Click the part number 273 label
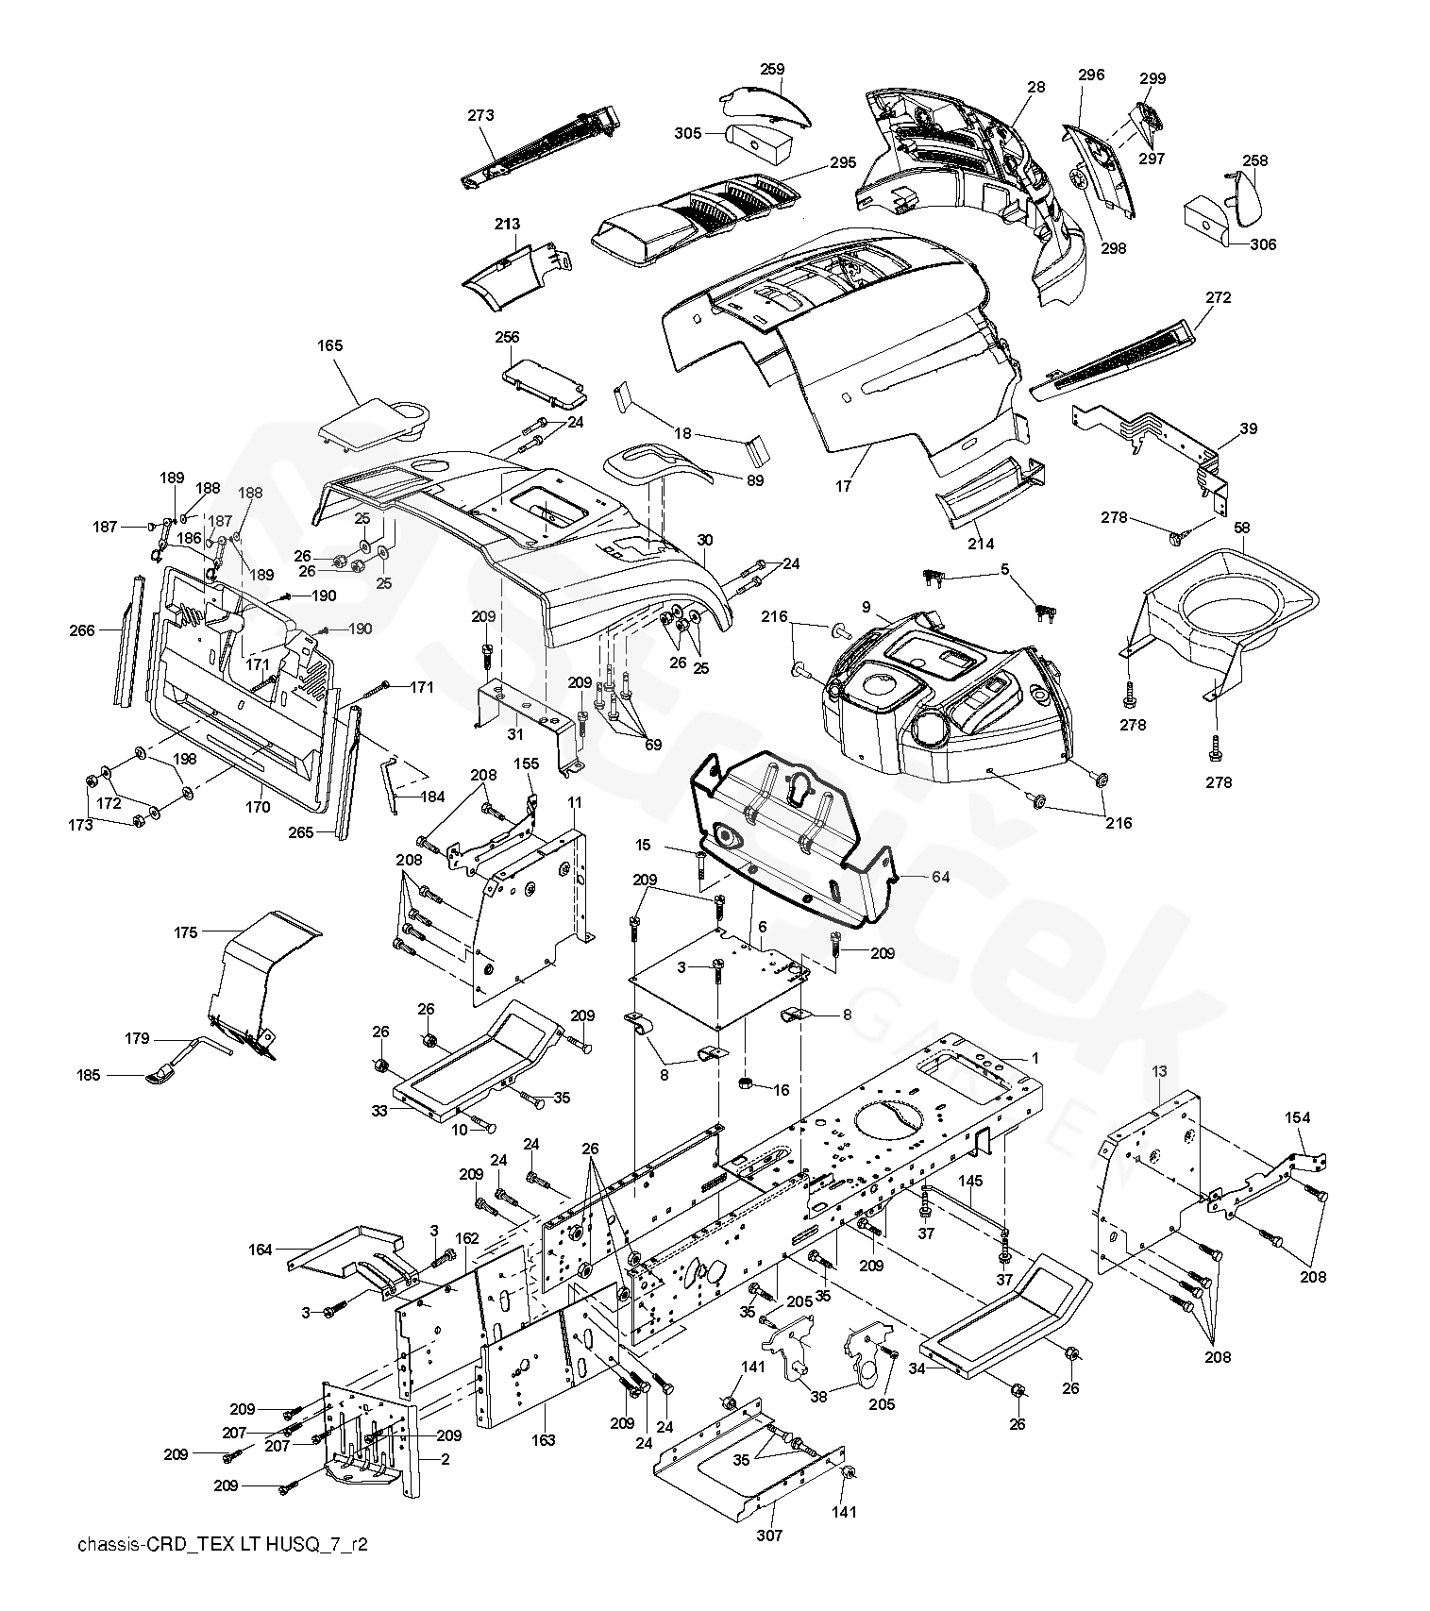click(x=480, y=116)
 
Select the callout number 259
click(x=772, y=69)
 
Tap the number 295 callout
click(x=842, y=162)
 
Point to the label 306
click(x=1263, y=244)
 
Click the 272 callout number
click(x=1218, y=297)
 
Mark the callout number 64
click(x=940, y=877)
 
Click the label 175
click(x=186, y=932)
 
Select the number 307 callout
click(x=770, y=1535)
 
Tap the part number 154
click(x=1297, y=1117)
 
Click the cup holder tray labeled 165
click(x=373, y=420)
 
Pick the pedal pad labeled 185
click(x=162, y=1075)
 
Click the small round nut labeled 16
click(x=747, y=1081)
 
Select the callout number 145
click(x=970, y=1181)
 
